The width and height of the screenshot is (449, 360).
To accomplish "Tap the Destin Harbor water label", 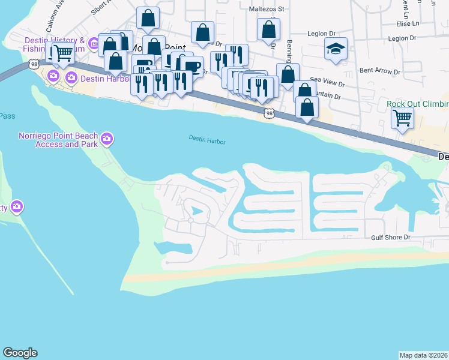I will (x=207, y=140).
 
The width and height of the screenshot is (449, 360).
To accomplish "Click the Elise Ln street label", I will (x=408, y=23).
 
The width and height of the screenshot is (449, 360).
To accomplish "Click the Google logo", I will (x=20, y=353).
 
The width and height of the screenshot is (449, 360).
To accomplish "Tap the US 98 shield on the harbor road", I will (x=270, y=113).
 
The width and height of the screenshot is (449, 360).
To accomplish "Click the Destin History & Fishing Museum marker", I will (x=94, y=43).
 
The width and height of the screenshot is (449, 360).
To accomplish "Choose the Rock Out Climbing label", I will (x=417, y=104).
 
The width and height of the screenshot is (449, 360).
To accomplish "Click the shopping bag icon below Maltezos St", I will (x=268, y=29).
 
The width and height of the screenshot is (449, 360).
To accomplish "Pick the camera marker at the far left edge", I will (x=16, y=207).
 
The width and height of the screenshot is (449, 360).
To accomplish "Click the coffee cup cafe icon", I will (x=191, y=66).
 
